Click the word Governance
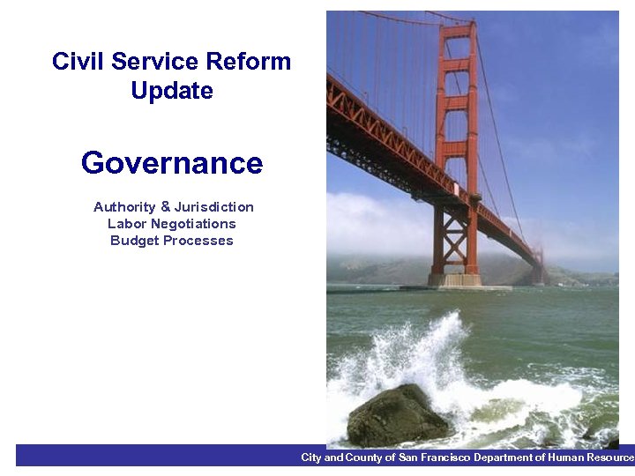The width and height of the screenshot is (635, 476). coord(171,163)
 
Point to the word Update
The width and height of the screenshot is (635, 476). coord(171,91)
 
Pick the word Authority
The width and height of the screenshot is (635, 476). coord(124,207)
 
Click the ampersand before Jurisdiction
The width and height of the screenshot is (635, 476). coord(165,207)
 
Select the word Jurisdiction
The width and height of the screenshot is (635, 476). coord(213,207)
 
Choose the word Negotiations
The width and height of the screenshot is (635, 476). coord(192,224)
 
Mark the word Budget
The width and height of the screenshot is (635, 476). coord(131,241)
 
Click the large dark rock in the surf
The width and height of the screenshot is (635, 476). coord(396,416)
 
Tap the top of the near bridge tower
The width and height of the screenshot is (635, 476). coord(457,28)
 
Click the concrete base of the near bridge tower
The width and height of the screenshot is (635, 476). coord(454,279)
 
